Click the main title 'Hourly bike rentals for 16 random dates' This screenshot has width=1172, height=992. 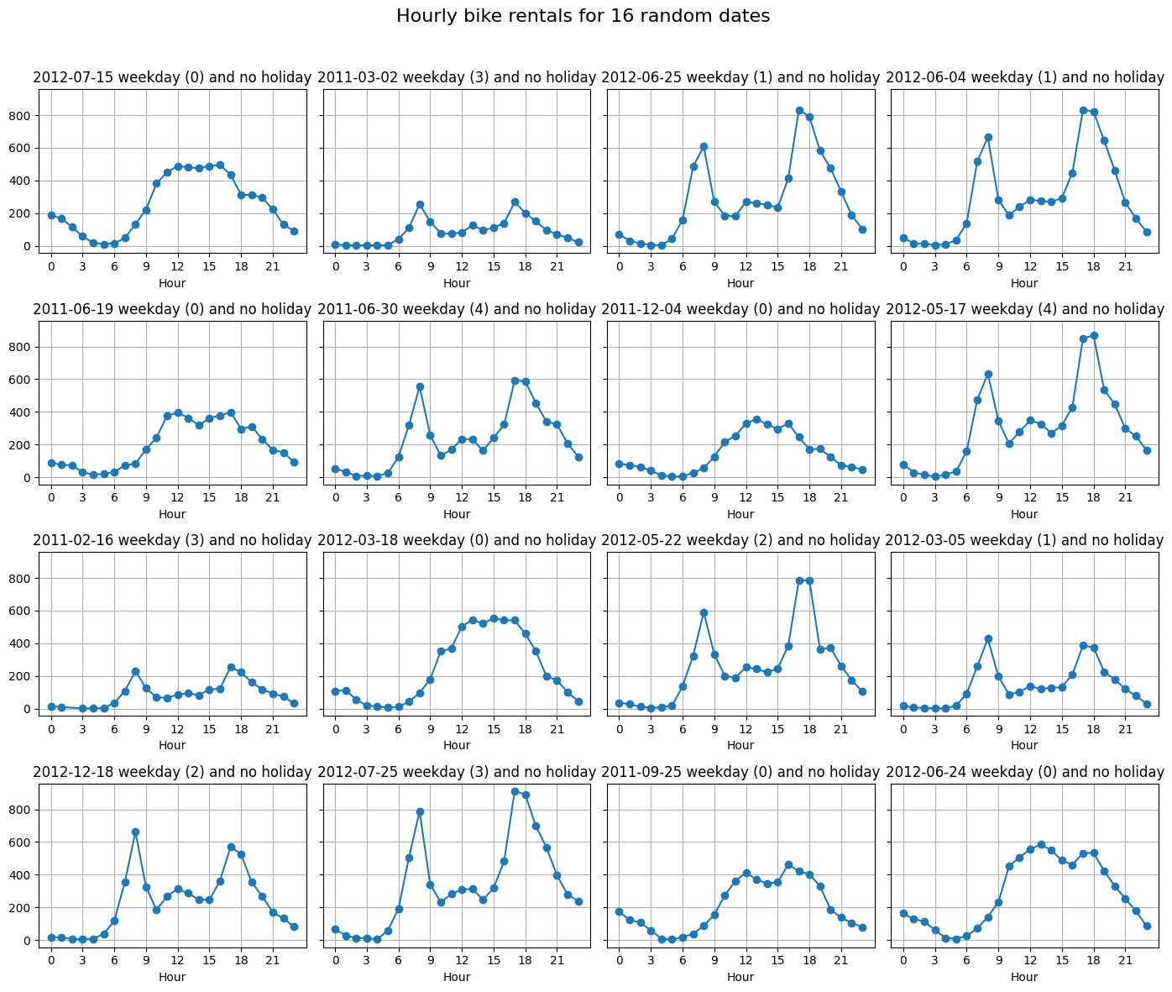coord(583,16)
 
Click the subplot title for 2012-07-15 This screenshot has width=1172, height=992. coord(172,77)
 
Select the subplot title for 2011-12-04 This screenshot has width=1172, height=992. coord(740,309)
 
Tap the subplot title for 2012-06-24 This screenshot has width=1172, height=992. coord(1024,772)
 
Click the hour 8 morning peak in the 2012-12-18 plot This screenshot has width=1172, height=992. coord(135,832)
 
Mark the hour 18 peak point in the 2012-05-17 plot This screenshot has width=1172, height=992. coord(1094,336)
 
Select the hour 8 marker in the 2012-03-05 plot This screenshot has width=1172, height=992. coord(988,638)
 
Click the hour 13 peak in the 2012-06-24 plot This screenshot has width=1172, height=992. coord(1041,844)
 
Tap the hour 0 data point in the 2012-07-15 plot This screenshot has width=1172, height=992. coord(51,216)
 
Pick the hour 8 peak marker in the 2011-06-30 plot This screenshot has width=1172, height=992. coord(420,387)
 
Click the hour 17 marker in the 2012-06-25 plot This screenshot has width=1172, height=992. coord(799,111)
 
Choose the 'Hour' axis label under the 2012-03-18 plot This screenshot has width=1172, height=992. coord(457,745)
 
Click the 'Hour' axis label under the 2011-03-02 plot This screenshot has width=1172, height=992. coord(457,283)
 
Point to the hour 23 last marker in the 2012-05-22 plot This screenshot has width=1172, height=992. coord(862,692)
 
